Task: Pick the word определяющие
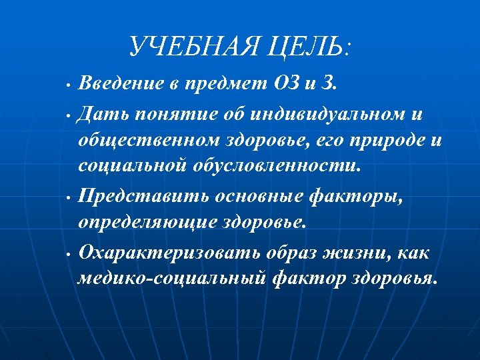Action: tap(146, 222)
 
